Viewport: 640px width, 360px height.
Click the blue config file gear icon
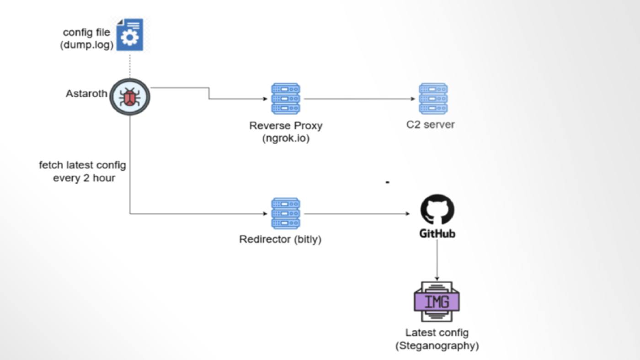130,35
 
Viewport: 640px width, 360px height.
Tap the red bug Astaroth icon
130,97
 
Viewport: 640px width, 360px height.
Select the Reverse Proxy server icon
286,98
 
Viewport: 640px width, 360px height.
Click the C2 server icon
433,98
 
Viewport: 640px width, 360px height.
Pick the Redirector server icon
286,213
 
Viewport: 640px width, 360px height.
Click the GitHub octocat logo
437,210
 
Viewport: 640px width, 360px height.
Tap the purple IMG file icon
437,302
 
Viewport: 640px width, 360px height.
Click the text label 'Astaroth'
86,94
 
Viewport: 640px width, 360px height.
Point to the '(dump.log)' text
87,45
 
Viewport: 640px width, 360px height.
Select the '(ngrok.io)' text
286,138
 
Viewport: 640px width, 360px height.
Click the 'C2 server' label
431,124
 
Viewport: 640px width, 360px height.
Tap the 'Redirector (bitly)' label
280,239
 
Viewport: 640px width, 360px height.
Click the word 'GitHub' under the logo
437,234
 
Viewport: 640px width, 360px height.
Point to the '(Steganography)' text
437,346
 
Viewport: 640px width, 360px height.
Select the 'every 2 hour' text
84,178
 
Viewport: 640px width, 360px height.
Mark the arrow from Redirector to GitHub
357,214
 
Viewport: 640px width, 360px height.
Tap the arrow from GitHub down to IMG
437,260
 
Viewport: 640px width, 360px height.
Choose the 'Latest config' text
437,333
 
